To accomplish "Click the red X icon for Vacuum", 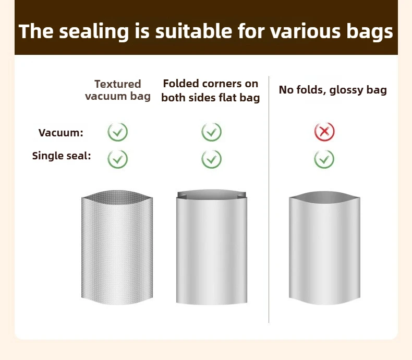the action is pyautogui.click(x=324, y=132).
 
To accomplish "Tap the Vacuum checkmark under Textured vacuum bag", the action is pyautogui.click(x=118, y=132).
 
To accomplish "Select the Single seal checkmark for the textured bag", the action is pyautogui.click(x=118, y=159).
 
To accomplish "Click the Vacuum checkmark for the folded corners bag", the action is pyautogui.click(x=212, y=132).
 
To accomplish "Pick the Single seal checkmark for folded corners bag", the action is pyautogui.click(x=212, y=159).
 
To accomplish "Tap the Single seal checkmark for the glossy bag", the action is pyautogui.click(x=324, y=159).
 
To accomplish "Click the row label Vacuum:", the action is pyautogui.click(x=60, y=133).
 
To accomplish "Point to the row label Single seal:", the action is pyautogui.click(x=62, y=156).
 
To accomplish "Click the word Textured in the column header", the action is pyautogui.click(x=118, y=84).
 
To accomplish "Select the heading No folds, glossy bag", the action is pyautogui.click(x=333, y=90).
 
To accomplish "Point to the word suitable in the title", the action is pyautogui.click(x=194, y=31).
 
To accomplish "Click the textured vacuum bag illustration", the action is pyautogui.click(x=117, y=247).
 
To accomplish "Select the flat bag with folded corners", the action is pyautogui.click(x=212, y=247).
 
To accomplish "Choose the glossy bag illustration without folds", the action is pyautogui.click(x=324, y=248).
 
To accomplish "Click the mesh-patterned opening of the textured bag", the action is pyautogui.click(x=117, y=195).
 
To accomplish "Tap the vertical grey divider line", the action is pyautogui.click(x=269, y=200).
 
